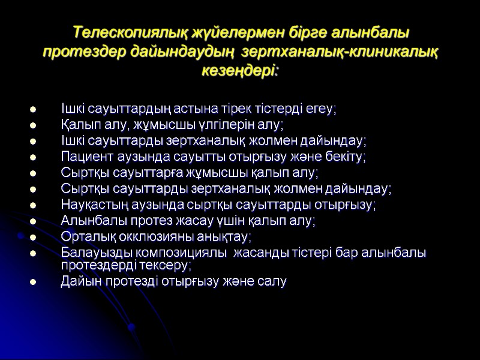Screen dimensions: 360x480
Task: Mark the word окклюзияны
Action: click(x=149, y=237)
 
